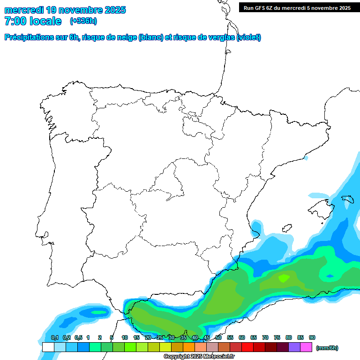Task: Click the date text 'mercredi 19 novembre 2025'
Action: pos(65,10)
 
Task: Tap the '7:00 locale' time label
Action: pos(33,21)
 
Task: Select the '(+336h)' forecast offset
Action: pos(83,21)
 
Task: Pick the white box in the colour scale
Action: pos(48,347)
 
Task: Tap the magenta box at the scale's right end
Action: pos(306,347)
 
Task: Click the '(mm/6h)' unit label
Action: pos(327,348)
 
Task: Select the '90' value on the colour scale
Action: pos(312,337)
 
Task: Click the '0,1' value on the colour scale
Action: pos(55,337)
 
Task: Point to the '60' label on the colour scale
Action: pos(242,337)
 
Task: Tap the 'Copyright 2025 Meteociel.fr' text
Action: pos(199,357)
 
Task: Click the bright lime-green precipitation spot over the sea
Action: pos(284,278)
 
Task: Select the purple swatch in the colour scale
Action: pos(294,347)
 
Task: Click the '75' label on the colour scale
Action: pos(277,337)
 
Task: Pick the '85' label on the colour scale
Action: pos(300,337)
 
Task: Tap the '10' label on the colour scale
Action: pos(125,337)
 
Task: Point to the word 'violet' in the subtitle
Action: pos(248,37)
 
